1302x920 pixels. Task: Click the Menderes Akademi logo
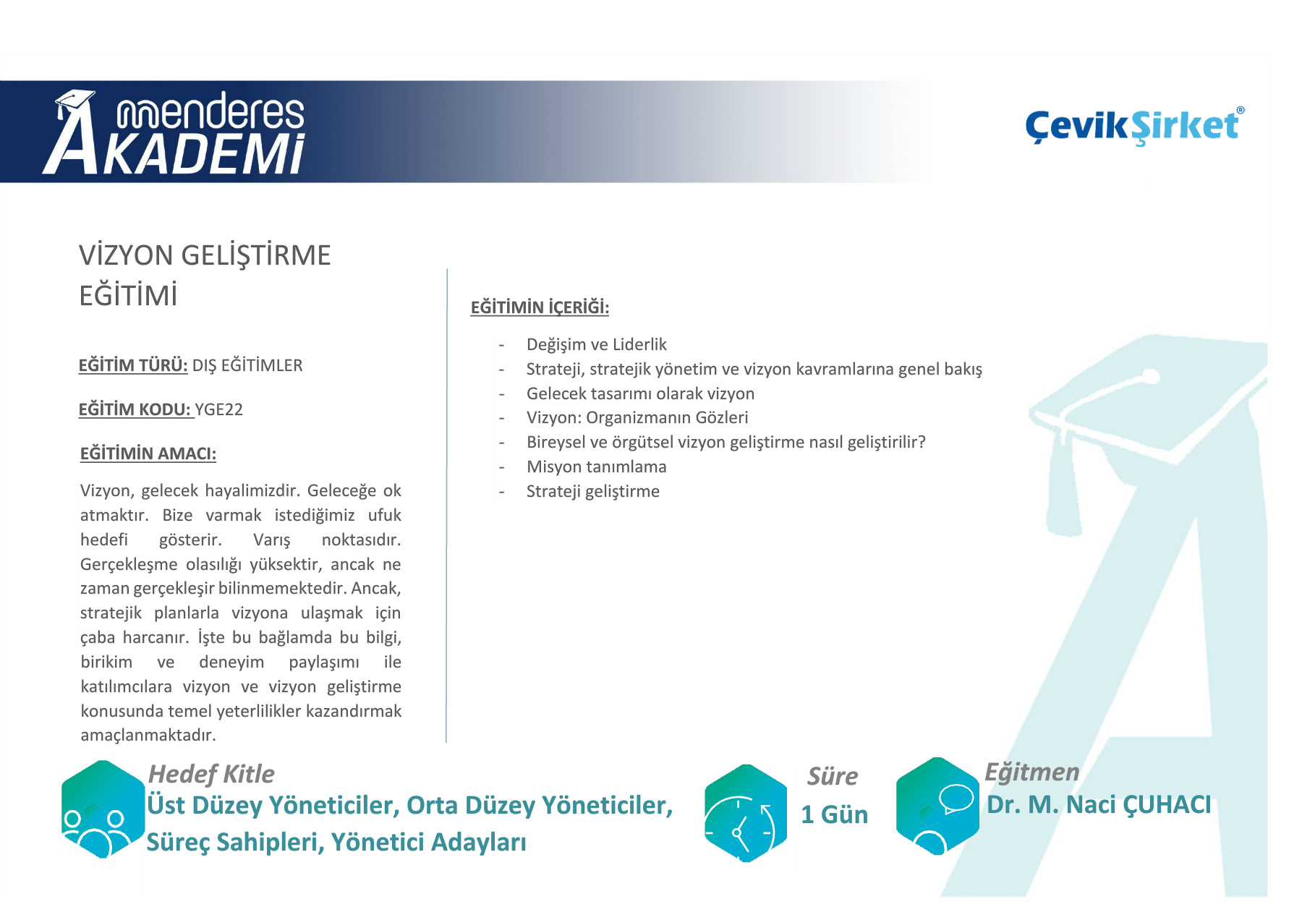coord(174,132)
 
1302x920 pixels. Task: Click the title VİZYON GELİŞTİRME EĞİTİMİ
coord(205,275)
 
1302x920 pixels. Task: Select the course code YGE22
coord(219,409)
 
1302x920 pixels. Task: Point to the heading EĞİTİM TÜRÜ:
coord(133,365)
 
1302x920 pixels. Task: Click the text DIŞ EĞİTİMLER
coord(247,365)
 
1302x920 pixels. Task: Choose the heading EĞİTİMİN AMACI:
coord(148,453)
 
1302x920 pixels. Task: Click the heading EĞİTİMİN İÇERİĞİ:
coord(540,307)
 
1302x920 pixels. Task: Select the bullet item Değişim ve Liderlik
coord(597,344)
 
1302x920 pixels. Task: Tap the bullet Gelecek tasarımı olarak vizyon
coord(640,393)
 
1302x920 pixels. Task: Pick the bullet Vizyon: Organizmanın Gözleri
coord(637,417)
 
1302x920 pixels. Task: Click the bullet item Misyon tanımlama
coord(597,467)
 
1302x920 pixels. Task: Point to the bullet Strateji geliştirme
coord(593,491)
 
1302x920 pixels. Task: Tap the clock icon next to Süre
coord(746,814)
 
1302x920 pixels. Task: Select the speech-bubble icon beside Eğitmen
coord(937,806)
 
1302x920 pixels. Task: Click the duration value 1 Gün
coord(834,814)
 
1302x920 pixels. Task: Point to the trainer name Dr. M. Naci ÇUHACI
coord(1099,805)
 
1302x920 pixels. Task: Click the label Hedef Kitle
coord(211,774)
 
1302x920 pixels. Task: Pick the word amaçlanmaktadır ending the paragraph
coord(148,735)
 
